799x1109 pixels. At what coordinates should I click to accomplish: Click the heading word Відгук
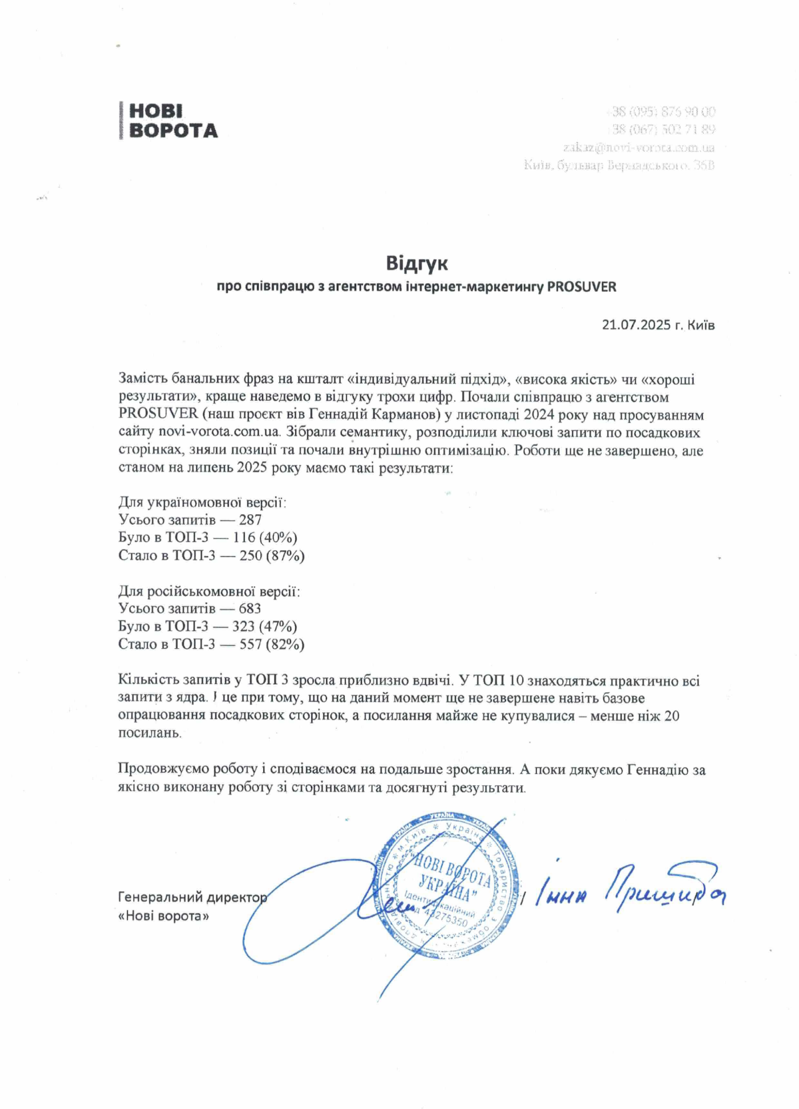point(417,264)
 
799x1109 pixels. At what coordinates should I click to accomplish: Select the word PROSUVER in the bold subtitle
point(581,287)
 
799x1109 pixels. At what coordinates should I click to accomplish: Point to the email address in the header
point(639,147)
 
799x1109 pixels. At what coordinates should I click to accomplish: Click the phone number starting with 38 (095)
point(662,111)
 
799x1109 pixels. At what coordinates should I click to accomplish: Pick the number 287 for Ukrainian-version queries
point(250,520)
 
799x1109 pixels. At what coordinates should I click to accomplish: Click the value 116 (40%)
point(265,538)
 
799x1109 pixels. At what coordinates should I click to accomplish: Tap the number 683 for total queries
point(250,609)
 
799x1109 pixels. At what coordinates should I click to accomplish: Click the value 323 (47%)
point(264,627)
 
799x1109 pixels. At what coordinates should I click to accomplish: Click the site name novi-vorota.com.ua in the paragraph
point(219,433)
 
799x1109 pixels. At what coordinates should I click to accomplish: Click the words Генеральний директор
point(192,898)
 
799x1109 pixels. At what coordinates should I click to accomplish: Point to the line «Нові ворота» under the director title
point(163,917)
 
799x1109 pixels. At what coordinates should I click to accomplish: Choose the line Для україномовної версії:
point(202,503)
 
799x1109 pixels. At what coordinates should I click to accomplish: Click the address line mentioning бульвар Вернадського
point(619,165)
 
